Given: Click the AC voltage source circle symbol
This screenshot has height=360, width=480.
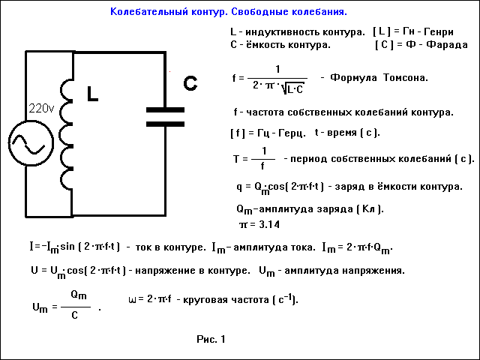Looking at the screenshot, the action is point(31,143).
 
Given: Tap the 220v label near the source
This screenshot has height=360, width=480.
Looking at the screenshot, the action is point(41,108).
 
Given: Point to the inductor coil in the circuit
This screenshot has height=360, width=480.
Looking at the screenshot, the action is point(66,135).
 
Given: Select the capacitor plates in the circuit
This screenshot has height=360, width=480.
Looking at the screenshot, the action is point(165,117).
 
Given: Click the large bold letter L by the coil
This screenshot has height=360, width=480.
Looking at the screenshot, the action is point(92,94).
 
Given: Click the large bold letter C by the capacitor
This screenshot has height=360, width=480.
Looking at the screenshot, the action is point(190,83).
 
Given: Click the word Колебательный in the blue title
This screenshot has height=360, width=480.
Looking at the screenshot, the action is point(149,12).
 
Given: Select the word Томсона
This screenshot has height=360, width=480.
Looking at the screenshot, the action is point(405,78).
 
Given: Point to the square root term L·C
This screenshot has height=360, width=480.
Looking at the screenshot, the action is point(292,88).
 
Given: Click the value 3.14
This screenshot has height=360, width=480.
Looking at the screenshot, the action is point(269,225).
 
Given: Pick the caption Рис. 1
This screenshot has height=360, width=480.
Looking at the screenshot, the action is point(211,339).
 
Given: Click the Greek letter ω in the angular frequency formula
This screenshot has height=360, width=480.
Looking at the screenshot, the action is point(132,299).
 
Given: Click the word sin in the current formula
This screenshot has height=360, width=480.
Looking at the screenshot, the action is point(67,247).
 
